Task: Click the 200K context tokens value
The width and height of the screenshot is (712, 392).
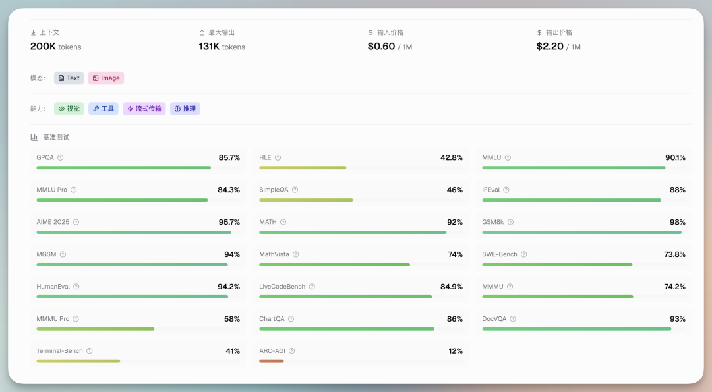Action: point(44,47)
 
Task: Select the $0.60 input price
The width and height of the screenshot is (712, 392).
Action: point(382,47)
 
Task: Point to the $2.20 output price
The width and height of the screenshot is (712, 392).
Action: point(550,47)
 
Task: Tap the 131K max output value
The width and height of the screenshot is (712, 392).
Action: point(209,47)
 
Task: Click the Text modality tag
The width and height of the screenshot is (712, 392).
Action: point(69,78)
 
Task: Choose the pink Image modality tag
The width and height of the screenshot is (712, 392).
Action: point(106,78)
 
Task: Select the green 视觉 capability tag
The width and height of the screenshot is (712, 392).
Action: point(69,109)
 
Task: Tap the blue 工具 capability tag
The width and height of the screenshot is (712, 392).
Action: point(104,109)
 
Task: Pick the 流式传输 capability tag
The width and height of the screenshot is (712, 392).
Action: point(144,109)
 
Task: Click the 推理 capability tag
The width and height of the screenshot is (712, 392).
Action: point(185,109)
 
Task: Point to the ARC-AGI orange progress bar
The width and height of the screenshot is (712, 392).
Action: point(271,361)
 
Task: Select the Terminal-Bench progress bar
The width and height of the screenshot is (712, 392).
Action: point(78,361)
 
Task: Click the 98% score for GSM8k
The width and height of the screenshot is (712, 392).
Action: point(677,222)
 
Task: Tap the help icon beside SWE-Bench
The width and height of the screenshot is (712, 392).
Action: point(523,254)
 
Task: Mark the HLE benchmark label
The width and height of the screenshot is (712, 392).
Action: point(265,157)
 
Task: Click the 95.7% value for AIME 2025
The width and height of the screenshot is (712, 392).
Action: point(229,222)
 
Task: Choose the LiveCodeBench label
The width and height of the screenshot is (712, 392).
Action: point(282,287)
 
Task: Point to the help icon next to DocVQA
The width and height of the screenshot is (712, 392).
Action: point(513,319)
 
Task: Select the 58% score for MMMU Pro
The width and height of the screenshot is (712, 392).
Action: point(231,319)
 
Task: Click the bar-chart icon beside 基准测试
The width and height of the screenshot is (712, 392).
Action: point(34,137)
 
